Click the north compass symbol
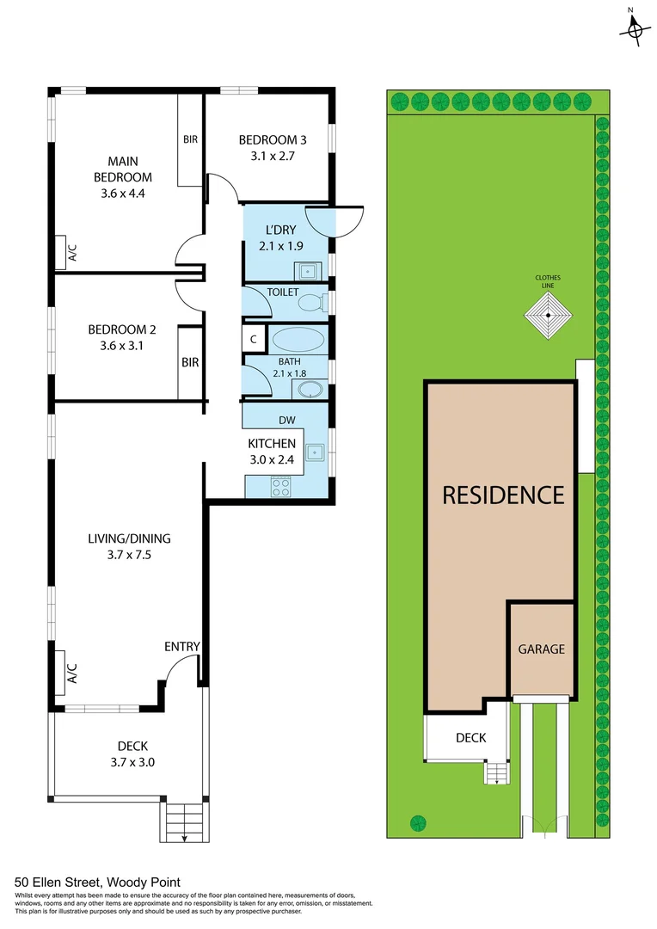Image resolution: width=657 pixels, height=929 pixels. [635, 29]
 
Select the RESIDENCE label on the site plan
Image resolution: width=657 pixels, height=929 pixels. [503, 495]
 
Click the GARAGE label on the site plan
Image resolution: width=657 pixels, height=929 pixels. [541, 649]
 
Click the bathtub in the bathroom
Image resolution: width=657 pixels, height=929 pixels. [298, 338]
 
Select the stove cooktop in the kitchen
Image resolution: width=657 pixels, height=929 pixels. [281, 487]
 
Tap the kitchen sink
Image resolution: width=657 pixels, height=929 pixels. [315, 452]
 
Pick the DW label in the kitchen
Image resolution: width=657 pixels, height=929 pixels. [287, 421]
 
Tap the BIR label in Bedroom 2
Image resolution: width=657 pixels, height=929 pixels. [190, 363]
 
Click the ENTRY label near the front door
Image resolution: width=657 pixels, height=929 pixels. [182, 647]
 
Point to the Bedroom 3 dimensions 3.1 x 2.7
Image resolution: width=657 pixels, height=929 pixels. [272, 157]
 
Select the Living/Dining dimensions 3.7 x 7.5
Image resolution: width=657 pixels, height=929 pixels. [129, 555]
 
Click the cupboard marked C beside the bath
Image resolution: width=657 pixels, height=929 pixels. [253, 339]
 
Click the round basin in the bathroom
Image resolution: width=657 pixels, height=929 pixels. [309, 390]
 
